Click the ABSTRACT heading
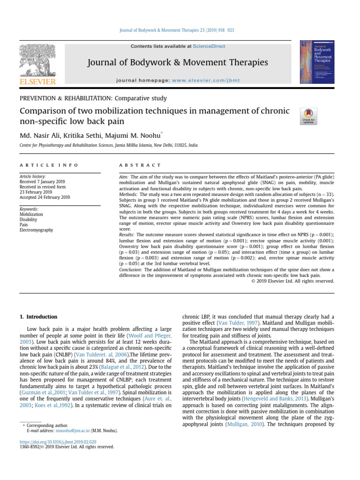(134, 165)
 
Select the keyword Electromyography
(36, 230)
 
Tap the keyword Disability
(28, 219)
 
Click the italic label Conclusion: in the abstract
(131, 270)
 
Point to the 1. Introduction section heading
(38, 317)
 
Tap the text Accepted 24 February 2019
(45, 197)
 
